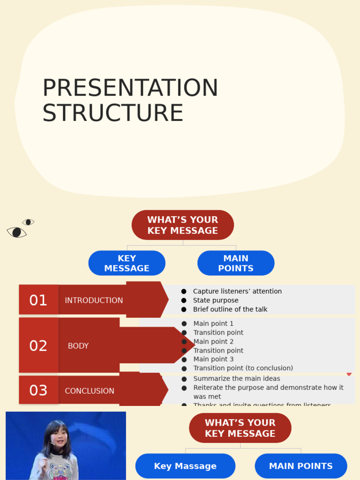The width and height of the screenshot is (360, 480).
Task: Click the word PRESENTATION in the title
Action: coord(130,88)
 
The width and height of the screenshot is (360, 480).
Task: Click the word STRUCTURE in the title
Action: coord(112,113)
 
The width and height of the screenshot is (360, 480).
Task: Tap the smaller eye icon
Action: coord(29,222)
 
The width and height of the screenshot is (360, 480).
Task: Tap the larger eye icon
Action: coord(16,232)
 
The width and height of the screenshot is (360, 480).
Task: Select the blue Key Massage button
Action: coord(185,466)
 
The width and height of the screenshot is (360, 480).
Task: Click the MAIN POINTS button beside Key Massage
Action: coord(300,466)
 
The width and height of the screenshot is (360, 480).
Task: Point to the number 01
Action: coord(38,300)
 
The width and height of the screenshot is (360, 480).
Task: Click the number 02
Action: coord(38,345)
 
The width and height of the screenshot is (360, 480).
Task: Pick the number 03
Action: coord(38,390)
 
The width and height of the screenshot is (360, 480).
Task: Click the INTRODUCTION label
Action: coord(94,300)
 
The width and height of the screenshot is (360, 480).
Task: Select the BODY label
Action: coord(78,346)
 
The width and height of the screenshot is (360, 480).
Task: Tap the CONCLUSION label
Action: coord(90,391)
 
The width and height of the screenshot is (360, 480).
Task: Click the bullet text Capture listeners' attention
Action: coord(237,292)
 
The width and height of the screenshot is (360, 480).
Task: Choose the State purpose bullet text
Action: coord(216,300)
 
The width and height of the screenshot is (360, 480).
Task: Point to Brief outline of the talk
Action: coord(230,309)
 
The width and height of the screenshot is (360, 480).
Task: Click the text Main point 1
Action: coord(213,323)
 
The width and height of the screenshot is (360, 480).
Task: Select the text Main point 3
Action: coord(213,359)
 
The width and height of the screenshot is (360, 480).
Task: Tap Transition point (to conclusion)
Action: coord(243,368)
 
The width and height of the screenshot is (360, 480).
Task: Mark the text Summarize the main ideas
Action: coord(237,379)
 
